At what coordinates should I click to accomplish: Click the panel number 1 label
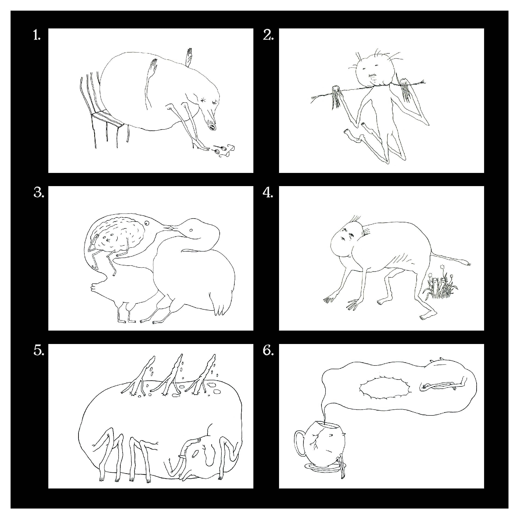point(37,35)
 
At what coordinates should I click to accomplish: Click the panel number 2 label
point(268,35)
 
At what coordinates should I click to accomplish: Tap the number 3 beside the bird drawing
point(39,193)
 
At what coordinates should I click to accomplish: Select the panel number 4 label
point(268,193)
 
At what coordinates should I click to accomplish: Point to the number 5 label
point(39,350)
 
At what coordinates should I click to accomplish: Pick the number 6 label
point(268,350)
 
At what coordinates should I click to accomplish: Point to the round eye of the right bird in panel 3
point(191,230)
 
